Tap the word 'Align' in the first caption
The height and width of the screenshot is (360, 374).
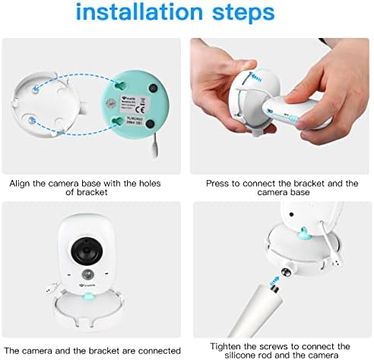(21, 183)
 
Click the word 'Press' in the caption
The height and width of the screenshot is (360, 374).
(218, 183)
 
